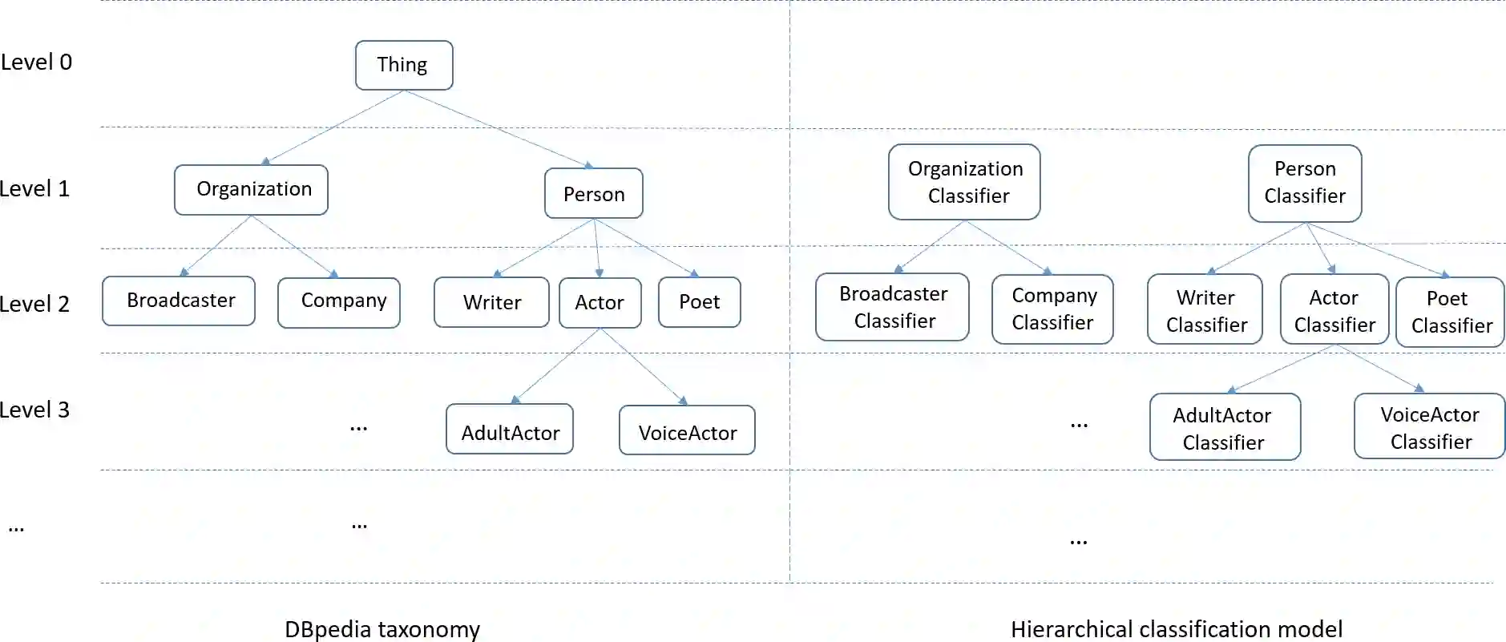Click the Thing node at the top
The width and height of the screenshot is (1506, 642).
point(404,65)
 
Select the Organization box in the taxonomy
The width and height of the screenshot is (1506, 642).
point(251,190)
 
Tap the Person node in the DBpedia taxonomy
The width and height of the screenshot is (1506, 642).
point(593,194)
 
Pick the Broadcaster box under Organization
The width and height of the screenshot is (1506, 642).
point(179,301)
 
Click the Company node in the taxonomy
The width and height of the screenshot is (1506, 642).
point(339,302)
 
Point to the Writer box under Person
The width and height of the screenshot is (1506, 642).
point(491,302)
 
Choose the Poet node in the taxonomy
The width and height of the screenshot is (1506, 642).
point(699,302)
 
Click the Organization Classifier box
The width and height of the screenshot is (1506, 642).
point(964,182)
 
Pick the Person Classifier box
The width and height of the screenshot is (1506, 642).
point(1305,183)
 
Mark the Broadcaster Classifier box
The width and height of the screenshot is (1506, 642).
point(892,307)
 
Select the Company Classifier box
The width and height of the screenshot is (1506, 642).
point(1052,309)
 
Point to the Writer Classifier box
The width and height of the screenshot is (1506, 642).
point(1205,309)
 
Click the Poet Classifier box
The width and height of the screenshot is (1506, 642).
point(1450,312)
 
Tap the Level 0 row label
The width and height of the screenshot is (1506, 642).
point(36,62)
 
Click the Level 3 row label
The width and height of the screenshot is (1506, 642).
point(35,410)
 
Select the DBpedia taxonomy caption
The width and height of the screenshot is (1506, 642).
point(382,629)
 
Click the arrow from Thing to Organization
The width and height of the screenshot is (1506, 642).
point(334,127)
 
